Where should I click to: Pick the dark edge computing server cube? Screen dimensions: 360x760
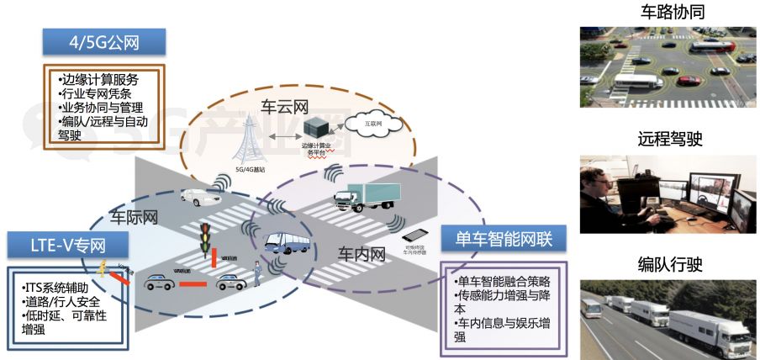coord(318,130)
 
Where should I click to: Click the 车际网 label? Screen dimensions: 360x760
coord(134,220)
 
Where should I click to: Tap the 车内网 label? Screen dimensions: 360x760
coord(362,252)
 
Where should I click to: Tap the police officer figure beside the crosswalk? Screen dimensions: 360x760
coord(255,275)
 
